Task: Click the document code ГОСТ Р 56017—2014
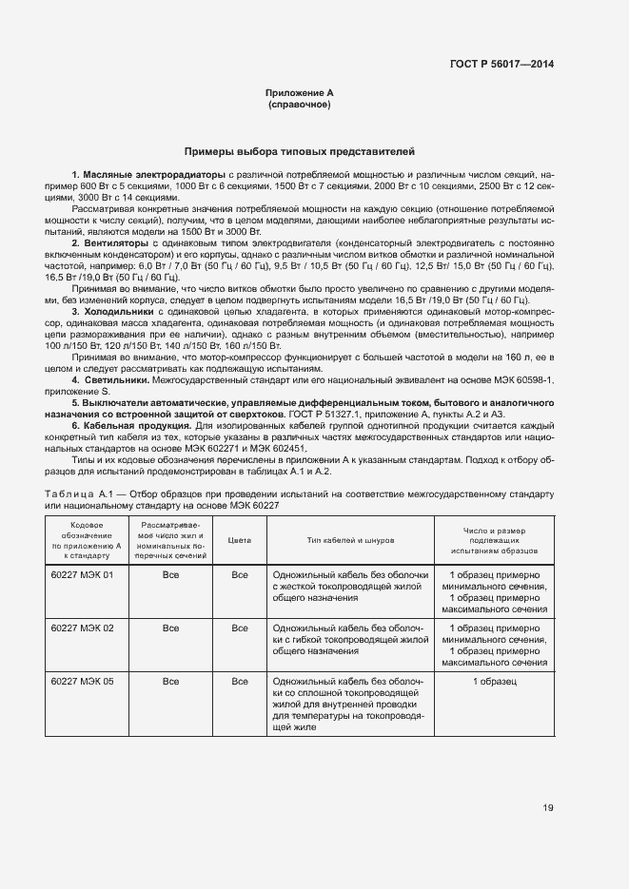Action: (501, 64)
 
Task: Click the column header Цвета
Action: (240, 539)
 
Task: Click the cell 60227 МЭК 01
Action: (82, 575)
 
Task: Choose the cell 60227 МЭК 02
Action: (82, 628)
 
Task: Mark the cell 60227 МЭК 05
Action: (82, 682)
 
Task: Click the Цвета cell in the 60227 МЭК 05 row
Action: (240, 682)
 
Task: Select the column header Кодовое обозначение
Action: (82, 539)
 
